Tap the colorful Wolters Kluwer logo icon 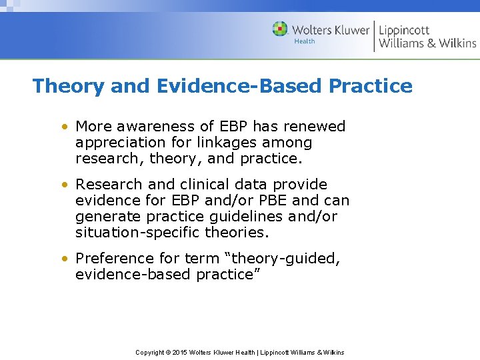click(x=280, y=29)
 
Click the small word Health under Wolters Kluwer click(x=305, y=41)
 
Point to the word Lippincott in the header click(x=405, y=30)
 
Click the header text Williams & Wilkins click(x=427, y=44)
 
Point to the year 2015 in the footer click(x=179, y=352)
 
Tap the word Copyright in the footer click(x=150, y=352)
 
